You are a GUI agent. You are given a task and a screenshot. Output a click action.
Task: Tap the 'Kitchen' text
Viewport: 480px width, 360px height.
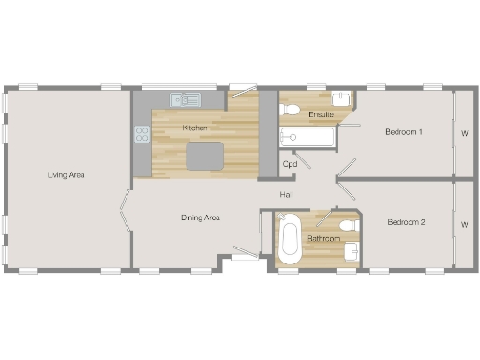point(195,127)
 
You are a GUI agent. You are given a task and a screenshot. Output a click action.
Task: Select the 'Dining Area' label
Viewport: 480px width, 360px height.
point(200,217)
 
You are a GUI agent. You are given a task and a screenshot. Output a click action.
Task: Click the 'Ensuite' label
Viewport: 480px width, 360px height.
point(321,114)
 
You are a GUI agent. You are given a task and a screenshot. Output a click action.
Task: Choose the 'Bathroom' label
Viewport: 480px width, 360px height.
point(322,238)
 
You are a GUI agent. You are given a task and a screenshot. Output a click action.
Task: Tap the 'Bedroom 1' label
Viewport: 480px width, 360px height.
point(404,132)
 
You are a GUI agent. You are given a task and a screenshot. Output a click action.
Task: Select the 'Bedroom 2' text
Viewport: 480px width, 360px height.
point(407,222)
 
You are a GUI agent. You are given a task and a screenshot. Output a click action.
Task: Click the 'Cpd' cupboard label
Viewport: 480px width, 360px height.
point(291,164)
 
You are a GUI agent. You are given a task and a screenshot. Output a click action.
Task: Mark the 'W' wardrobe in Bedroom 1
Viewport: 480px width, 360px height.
point(464,132)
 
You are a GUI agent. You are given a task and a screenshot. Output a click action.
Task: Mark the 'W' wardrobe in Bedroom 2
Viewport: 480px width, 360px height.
point(464,224)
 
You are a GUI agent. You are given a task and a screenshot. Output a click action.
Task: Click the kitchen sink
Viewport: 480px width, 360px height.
point(185,98)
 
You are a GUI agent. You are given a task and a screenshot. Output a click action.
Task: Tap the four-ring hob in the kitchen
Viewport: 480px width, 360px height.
point(142,133)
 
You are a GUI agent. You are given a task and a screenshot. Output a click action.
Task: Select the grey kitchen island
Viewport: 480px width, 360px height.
point(206,156)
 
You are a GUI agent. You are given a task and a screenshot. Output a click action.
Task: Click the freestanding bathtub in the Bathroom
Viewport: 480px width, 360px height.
point(290,240)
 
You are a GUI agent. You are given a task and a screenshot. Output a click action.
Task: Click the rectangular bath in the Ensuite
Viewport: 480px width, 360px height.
point(307,138)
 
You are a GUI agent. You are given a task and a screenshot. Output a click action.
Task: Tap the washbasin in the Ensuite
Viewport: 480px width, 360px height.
point(342,97)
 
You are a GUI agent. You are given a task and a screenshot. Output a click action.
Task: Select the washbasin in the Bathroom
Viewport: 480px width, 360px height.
point(352,250)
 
